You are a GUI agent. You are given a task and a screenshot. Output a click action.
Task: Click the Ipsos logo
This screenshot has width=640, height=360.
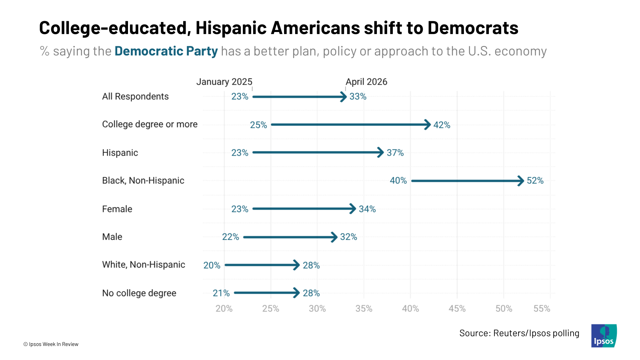point(604,336)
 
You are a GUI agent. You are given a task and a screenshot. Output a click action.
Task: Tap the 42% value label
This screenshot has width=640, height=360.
point(442,125)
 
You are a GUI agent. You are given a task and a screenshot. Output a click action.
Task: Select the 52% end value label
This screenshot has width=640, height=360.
point(535,181)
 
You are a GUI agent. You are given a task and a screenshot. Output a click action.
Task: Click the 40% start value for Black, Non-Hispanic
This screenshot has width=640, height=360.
point(398,181)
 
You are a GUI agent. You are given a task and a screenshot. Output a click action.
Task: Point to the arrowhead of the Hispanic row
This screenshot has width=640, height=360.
point(381,152)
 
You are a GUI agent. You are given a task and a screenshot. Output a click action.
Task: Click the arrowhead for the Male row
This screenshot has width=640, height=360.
point(334,237)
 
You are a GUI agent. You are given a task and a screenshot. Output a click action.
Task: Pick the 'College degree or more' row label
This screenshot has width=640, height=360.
point(150,124)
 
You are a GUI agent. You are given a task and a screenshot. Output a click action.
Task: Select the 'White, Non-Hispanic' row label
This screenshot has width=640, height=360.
point(144,265)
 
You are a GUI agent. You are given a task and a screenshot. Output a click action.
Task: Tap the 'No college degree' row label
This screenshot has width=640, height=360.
point(139,293)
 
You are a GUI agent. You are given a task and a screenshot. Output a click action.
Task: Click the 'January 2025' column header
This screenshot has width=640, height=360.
point(224,82)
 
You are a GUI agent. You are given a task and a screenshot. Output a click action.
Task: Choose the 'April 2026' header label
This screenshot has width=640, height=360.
point(366,82)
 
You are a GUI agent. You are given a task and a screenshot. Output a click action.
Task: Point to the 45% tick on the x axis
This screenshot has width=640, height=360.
point(457,309)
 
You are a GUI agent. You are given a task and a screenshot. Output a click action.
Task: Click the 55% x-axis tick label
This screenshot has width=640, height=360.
point(542,309)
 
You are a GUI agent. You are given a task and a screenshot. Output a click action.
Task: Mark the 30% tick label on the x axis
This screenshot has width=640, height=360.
point(317,309)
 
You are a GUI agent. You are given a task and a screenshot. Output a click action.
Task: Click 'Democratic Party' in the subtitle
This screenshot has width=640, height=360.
point(166,51)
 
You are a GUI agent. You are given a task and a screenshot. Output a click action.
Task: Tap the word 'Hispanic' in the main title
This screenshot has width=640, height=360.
point(231,28)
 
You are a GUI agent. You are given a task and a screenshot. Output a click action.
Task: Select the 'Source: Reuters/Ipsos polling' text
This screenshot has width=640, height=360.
point(519,333)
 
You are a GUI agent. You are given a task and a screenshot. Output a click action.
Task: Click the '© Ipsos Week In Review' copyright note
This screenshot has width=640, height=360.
point(51,344)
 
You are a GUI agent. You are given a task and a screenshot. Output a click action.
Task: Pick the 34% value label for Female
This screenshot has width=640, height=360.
point(367,209)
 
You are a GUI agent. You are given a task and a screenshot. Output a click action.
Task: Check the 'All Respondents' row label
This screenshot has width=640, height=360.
point(135,96)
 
